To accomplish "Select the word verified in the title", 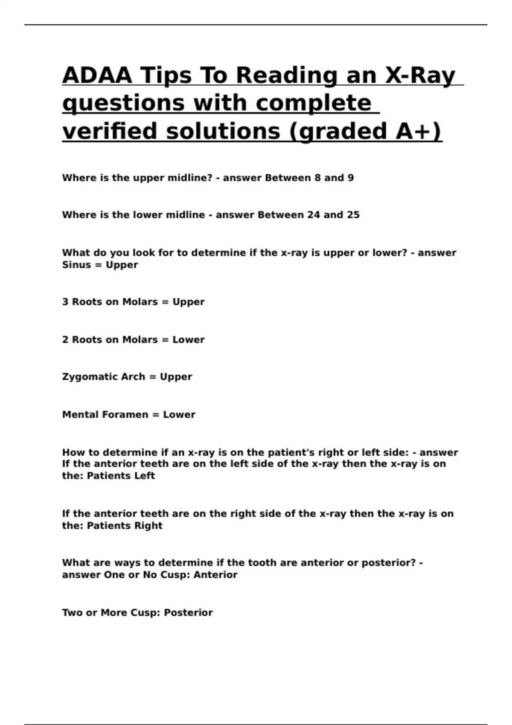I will tap(110, 131).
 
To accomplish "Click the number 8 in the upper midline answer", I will tap(317, 178).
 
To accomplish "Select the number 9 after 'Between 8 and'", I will tap(351, 178).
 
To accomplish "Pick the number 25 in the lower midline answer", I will tap(353, 215).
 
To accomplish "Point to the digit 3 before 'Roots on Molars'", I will tap(65, 302).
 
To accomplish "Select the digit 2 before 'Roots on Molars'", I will tap(65, 340).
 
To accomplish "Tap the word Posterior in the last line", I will tap(188, 613).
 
